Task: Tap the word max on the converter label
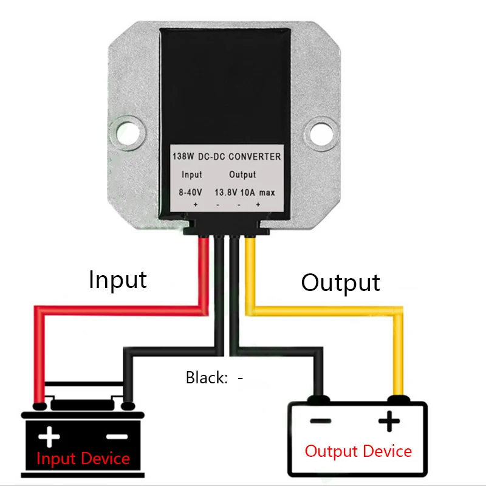point(269,193)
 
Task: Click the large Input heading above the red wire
point(118,279)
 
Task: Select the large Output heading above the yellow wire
point(340,282)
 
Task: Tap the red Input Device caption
point(83,458)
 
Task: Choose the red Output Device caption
point(358,451)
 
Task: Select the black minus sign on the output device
point(320,421)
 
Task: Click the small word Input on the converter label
point(192,175)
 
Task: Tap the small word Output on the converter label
point(242,175)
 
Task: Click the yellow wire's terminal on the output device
point(398,399)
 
